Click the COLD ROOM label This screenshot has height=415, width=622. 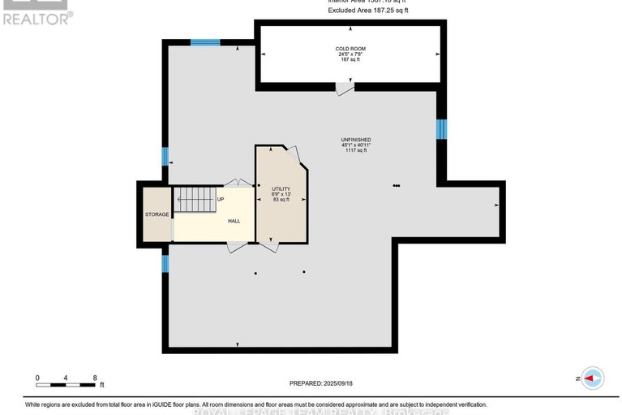pos(350,49)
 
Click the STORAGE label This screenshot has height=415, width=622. pos(157,214)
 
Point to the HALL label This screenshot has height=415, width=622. pos(234,221)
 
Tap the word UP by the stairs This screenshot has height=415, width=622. pos(221,199)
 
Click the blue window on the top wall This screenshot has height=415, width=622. pos(206,42)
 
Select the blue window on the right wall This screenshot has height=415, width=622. pos(441,129)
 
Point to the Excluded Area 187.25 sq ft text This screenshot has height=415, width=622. pos(368,10)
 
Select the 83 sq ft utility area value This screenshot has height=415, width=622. pos(281,200)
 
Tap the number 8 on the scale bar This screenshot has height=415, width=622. pos(96,378)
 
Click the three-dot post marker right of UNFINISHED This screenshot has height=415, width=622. pos(396,186)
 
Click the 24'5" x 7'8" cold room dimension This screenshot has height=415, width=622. pos(350,54)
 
